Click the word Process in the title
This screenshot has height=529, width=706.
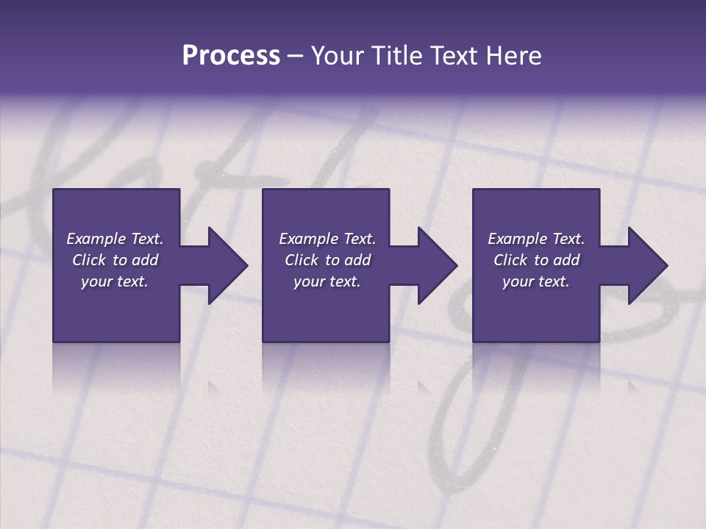tap(231, 56)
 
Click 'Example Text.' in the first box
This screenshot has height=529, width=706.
tap(115, 239)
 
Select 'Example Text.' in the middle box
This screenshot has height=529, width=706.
tap(327, 239)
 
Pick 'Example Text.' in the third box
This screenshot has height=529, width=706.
tap(535, 239)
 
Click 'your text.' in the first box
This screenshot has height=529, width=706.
tap(115, 281)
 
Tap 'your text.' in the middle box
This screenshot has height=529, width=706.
tap(327, 281)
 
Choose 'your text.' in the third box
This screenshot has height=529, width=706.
tap(535, 281)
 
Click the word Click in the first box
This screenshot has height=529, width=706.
tap(90, 260)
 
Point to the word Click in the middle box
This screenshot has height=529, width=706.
tap(302, 260)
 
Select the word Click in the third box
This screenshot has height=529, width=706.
tap(510, 260)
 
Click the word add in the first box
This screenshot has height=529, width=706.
tap(145, 260)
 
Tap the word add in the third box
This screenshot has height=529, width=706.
tap(566, 260)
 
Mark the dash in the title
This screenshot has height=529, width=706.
tap(295, 56)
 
